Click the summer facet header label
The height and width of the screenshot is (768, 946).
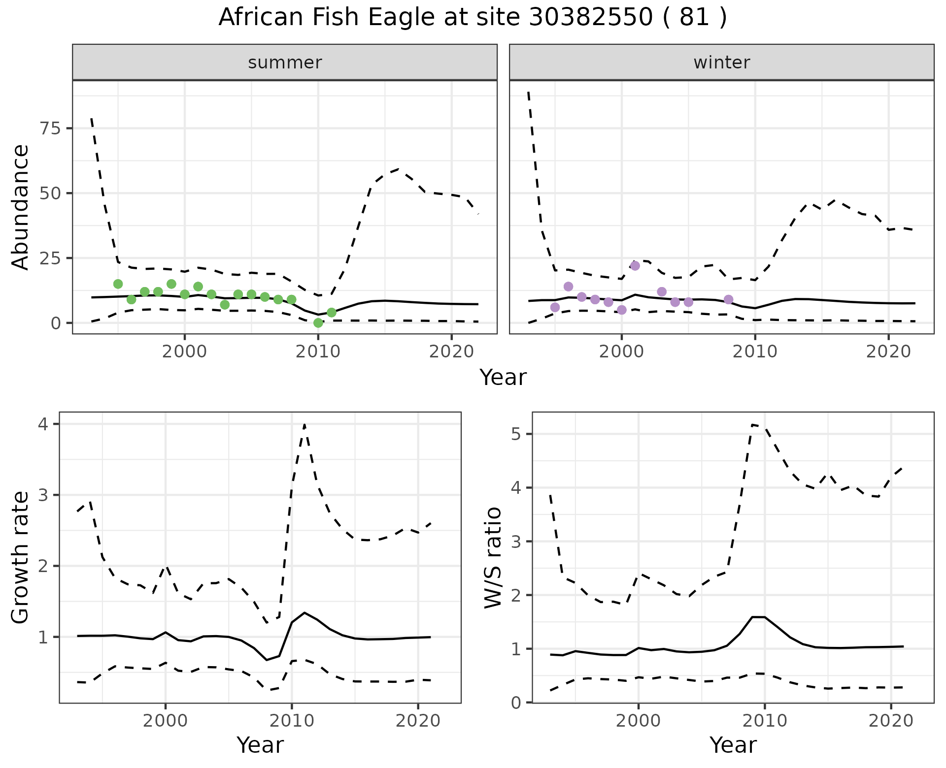tap(285, 63)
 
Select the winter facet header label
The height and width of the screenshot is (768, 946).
tap(721, 63)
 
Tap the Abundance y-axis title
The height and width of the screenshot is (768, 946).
tap(21, 207)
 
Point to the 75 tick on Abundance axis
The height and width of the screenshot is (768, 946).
tap(48, 128)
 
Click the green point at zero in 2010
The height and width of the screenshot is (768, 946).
tap(318, 323)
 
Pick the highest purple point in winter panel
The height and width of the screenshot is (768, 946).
tap(635, 266)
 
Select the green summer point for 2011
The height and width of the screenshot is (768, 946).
tap(332, 313)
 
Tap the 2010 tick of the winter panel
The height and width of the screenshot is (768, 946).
tap(755, 352)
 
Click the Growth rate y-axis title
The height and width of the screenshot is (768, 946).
tap(21, 557)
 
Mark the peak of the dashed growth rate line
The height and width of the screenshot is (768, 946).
tap(304, 424)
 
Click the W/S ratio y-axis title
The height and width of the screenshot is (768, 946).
tap(493, 557)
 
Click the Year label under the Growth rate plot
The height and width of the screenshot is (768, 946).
tap(260, 745)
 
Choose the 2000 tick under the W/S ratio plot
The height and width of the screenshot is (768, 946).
tap(639, 721)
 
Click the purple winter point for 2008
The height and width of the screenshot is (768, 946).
tap(728, 300)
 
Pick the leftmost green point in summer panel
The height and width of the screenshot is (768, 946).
tap(118, 284)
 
